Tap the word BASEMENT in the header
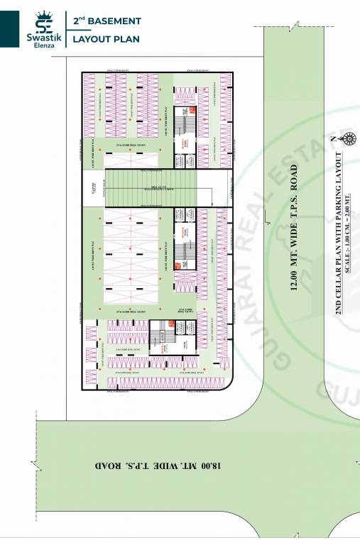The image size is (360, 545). pos(118,21)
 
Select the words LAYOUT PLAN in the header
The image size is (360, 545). pos(107,38)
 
